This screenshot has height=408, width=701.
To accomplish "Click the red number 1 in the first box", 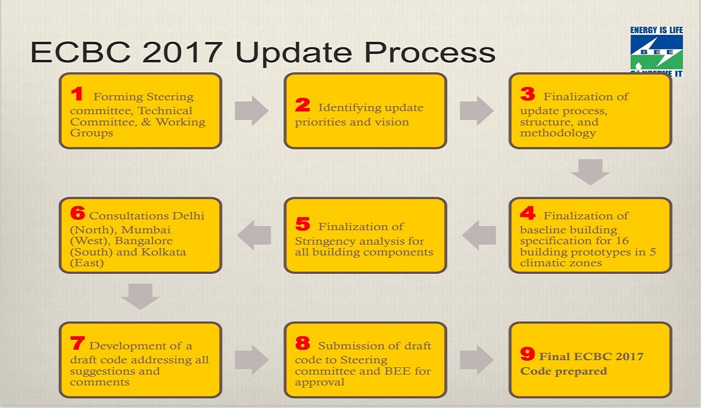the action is [x=77, y=93].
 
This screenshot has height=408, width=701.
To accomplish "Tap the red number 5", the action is [x=303, y=224].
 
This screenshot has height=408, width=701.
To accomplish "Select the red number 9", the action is [x=527, y=354].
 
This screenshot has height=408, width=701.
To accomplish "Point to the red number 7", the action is [x=77, y=343].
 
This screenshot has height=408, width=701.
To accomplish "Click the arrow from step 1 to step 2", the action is [x=252, y=111].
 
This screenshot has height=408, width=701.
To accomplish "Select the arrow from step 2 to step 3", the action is [x=477, y=111].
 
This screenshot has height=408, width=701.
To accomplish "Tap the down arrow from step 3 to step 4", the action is [x=590, y=172].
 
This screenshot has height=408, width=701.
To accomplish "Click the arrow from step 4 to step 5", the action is [x=479, y=235].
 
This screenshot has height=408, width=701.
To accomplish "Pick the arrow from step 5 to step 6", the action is [x=254, y=235].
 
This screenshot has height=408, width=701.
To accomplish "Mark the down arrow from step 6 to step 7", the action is [x=140, y=297].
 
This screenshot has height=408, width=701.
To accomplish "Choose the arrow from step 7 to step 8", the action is [x=252, y=360].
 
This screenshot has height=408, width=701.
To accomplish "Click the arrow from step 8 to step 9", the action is [x=477, y=360].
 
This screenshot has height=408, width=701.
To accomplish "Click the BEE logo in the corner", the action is [x=657, y=52].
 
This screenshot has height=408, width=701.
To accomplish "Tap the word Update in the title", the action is [x=294, y=52].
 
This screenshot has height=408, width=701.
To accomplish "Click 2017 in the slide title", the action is [x=182, y=52].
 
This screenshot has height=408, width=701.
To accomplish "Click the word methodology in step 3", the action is [x=558, y=133].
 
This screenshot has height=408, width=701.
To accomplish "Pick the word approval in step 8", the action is [x=320, y=382].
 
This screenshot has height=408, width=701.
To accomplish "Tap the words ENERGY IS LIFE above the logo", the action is [x=657, y=30].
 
